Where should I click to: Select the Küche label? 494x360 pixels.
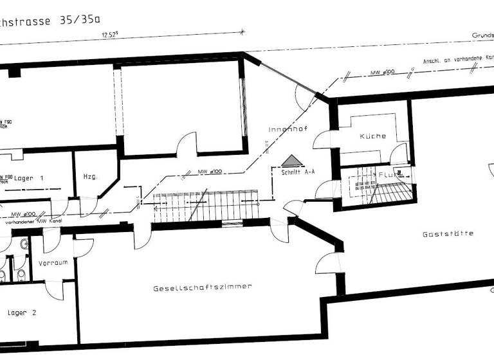372,136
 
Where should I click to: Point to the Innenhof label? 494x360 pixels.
288,129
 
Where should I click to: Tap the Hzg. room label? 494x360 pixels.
90,177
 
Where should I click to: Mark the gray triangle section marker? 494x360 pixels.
291,161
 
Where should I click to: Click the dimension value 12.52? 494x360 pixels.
114,36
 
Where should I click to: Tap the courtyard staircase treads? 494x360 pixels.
206,206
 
